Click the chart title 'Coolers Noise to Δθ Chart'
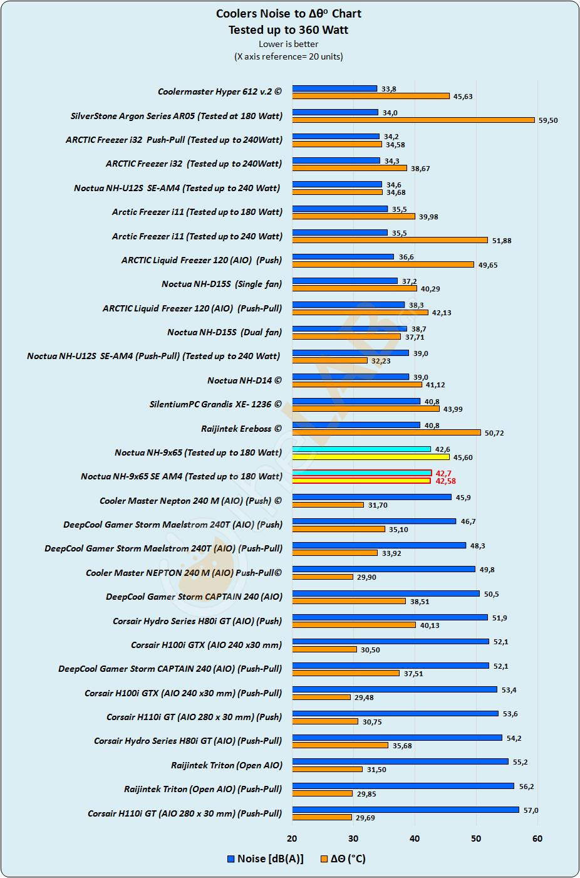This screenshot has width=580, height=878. pos(289,14)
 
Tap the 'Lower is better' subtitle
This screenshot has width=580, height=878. pos(289,44)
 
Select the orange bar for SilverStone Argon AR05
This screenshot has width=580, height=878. pos(413,120)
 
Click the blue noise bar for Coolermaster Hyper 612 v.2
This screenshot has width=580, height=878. pos(334,88)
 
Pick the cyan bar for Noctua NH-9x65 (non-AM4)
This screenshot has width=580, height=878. pos(361,449)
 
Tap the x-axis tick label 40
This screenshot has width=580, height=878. pos(415,839)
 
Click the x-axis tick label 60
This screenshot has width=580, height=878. pos(537,839)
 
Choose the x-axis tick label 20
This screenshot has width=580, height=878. pos(292,839)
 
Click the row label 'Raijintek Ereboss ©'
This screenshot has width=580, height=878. pos(241,429)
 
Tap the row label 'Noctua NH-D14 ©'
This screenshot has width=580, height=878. pos(244,380)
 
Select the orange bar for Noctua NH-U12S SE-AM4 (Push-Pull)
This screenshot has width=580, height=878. pos(329,360)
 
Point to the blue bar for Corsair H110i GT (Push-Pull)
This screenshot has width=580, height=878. pos(405,810)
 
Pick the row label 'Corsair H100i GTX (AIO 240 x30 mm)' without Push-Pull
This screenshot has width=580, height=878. pos(206,645)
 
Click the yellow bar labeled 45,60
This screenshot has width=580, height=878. pos(371,457)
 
